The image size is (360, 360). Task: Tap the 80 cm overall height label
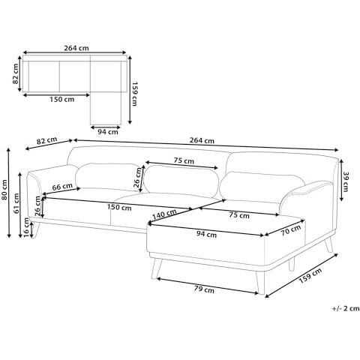click(x=6, y=196)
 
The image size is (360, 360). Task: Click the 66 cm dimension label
click(x=63, y=187)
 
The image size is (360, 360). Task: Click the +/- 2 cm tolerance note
click(x=343, y=308)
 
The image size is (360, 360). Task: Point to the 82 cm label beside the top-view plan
click(x=16, y=76)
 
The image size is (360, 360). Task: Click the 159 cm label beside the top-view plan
click(x=135, y=94)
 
